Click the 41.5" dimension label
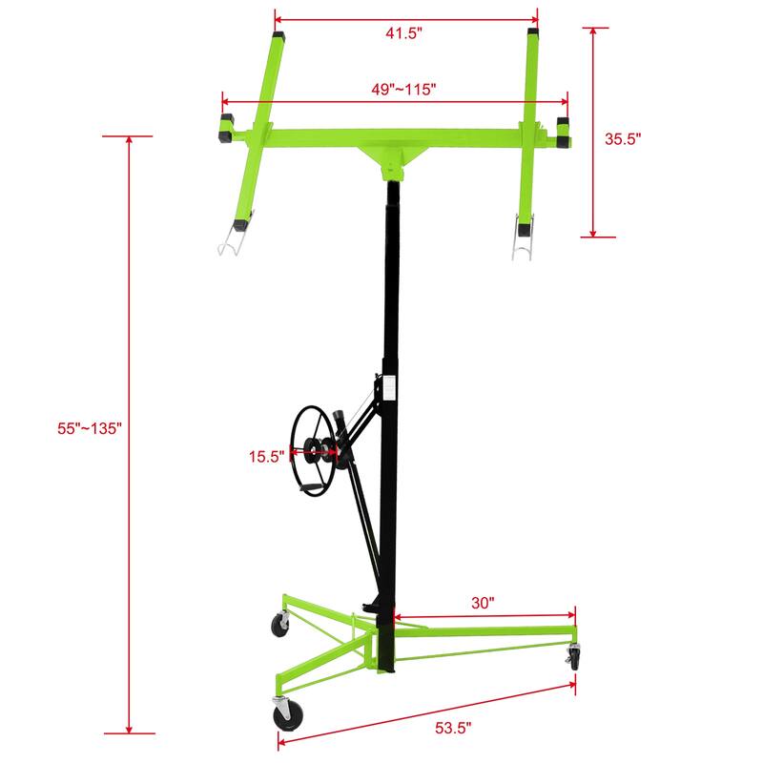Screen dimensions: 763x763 click(405, 32)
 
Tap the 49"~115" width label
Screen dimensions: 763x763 click(403, 89)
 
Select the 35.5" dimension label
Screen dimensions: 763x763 click(624, 137)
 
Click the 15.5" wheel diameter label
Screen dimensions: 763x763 click(267, 456)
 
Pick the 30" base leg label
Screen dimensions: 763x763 click(483, 602)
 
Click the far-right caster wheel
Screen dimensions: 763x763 click(574, 656)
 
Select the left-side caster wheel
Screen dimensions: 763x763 click(281, 625)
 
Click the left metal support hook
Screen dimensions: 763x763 click(229, 241)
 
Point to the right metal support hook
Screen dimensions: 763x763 click(523, 242)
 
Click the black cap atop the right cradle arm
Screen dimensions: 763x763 click(533, 34)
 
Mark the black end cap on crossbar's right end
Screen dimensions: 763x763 click(564, 133)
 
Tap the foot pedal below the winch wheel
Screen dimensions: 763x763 click(311, 487)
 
